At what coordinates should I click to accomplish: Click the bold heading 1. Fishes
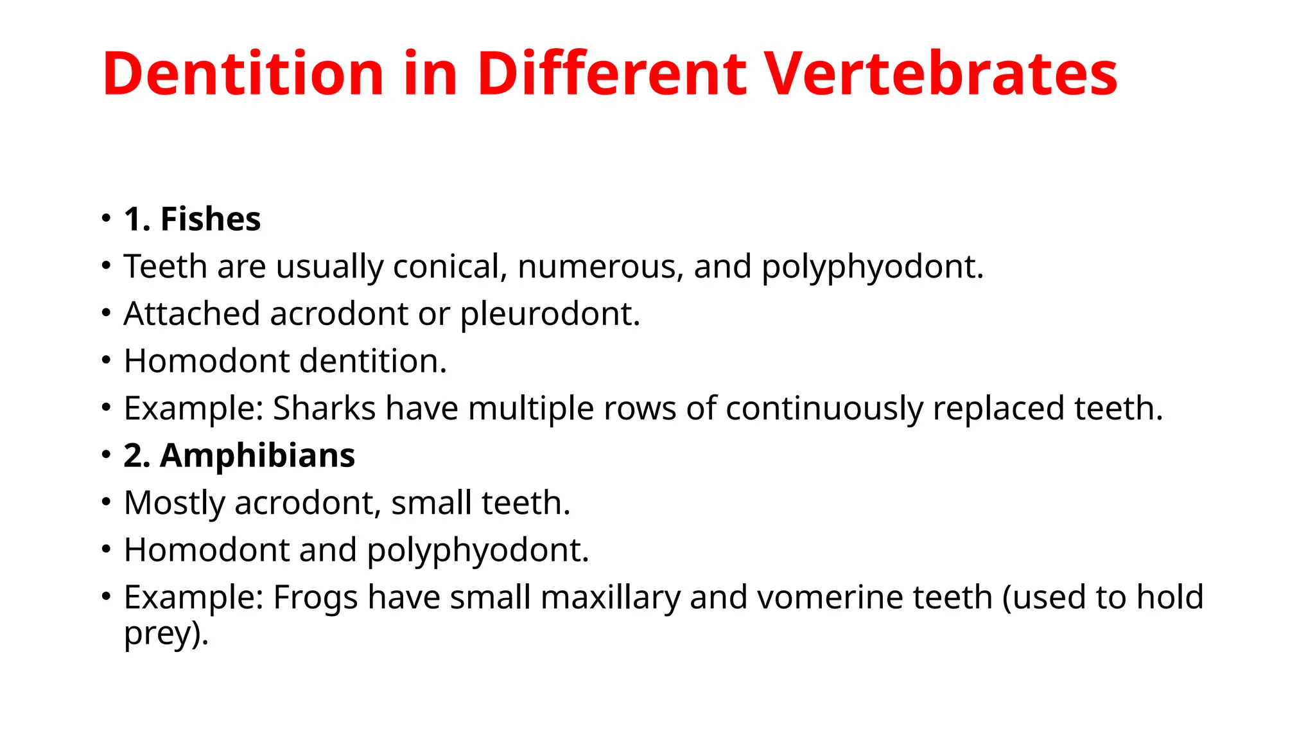[193, 219]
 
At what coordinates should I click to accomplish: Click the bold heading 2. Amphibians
[239, 455]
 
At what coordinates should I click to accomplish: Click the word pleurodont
[550, 314]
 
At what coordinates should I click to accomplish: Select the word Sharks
[324, 409]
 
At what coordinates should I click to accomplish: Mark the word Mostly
[174, 503]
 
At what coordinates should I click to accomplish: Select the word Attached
[191, 314]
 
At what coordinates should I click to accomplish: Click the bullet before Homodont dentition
[107, 360]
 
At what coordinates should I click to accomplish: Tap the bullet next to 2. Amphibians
[107, 455]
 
